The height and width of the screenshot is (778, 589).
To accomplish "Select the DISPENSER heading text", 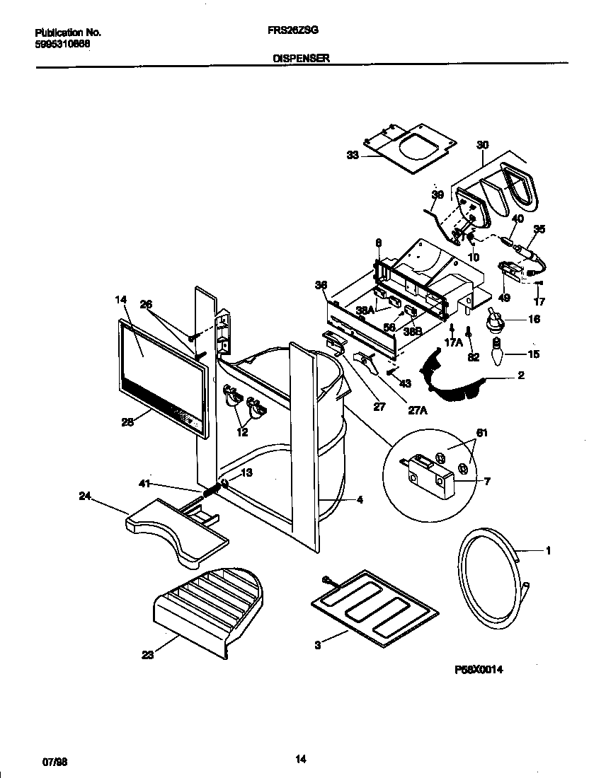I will [301, 59].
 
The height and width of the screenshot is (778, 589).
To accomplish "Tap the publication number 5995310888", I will [62, 43].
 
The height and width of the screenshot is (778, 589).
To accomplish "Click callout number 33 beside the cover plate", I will [353, 156].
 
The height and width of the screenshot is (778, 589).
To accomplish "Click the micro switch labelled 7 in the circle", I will [428, 475].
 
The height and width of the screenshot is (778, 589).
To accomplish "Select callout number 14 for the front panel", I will [120, 300].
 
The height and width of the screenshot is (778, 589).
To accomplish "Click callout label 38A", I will [366, 310].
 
